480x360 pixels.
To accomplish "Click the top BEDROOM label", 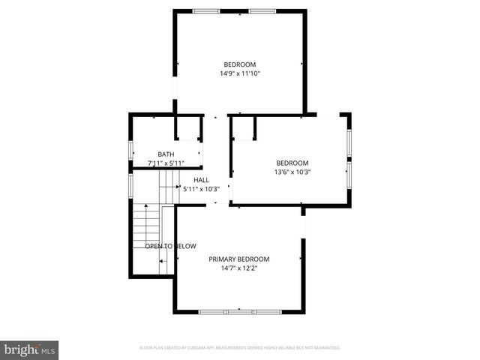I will tap(240, 64).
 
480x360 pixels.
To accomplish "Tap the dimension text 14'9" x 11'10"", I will tap(240, 73).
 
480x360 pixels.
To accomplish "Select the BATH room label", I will tap(166, 154).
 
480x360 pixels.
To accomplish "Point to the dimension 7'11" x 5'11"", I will tap(166, 163).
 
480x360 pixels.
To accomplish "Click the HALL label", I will tap(202, 180).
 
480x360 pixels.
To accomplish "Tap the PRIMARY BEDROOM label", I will tap(239, 259).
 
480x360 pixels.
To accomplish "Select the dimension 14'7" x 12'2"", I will tap(239, 268).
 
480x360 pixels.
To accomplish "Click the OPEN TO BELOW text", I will tap(170, 246).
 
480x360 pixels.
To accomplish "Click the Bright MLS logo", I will tap(30, 349).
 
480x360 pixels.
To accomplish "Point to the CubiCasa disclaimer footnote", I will tap(240, 348).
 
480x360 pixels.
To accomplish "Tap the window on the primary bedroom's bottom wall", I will tap(240, 311).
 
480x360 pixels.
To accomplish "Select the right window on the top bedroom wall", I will tap(262, 11).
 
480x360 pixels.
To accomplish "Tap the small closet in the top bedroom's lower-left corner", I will tap(188, 127).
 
